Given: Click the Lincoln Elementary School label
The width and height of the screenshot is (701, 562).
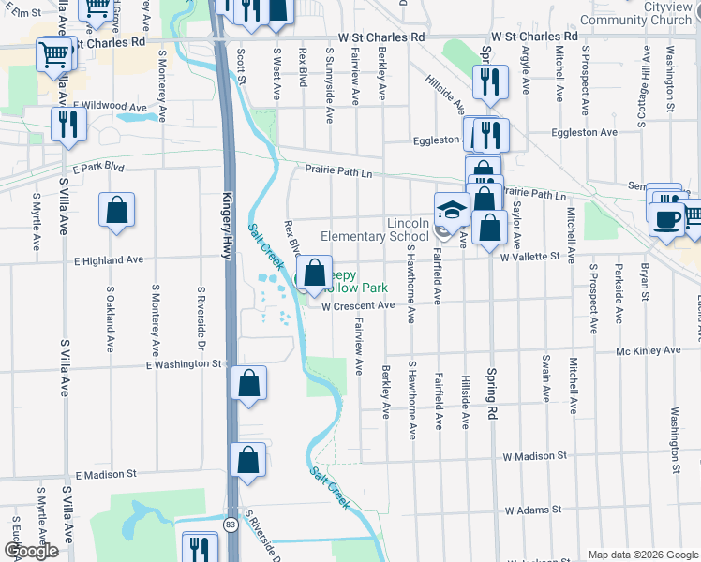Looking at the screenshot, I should (375, 229).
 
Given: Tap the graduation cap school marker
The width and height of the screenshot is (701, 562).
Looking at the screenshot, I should (451, 210).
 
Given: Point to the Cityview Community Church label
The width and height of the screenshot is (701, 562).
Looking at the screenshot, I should (643, 12).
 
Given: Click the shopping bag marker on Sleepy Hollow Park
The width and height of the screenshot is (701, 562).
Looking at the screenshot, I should (315, 273).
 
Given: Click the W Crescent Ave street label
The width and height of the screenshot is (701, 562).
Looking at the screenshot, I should (359, 306).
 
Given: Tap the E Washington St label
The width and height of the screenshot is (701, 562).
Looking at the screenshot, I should (185, 363).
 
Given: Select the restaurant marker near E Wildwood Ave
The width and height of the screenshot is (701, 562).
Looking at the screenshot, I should (68, 125).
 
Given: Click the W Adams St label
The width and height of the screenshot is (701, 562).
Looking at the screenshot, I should (532, 510).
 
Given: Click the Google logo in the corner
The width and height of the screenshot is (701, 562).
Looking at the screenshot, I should (31, 551).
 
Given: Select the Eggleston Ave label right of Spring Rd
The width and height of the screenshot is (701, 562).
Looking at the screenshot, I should (582, 133).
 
